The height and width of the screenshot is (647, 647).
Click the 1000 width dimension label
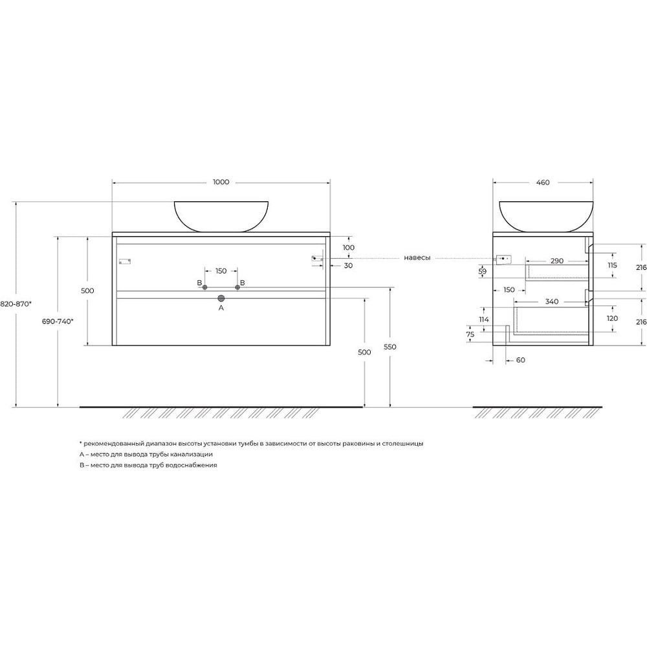(221, 182)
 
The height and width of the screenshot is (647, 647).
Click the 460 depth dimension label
(543, 182)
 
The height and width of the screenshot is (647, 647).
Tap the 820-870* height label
(16, 303)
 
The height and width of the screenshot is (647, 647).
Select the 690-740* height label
(58, 321)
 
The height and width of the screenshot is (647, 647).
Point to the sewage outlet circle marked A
(221, 298)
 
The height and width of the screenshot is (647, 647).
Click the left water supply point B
(204, 287)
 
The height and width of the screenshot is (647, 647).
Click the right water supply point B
(237, 287)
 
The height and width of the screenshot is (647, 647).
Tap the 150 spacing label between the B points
(221, 271)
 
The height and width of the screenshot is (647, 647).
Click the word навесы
(417, 258)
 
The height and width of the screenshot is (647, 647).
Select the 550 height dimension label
(390, 347)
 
